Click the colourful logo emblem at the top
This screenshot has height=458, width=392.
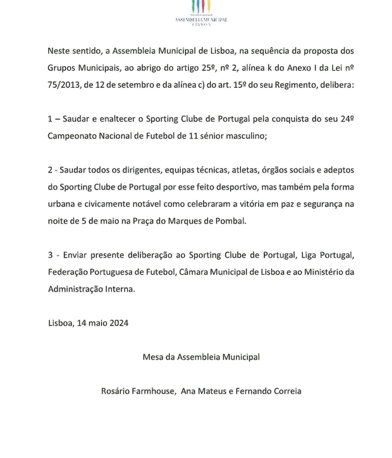coord(201,7)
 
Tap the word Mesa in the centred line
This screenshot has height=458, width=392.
coord(154,357)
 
